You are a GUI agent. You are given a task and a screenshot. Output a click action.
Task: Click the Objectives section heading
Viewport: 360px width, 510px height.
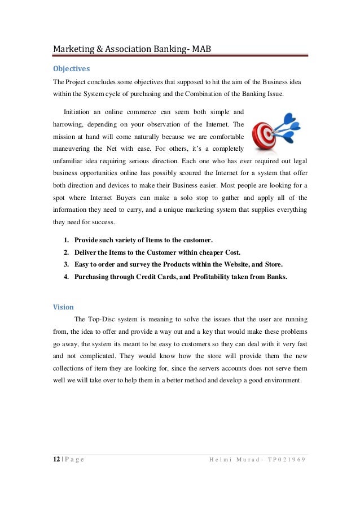click(x=71, y=69)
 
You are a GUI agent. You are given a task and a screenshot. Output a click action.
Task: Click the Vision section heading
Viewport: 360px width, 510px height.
click(x=63, y=307)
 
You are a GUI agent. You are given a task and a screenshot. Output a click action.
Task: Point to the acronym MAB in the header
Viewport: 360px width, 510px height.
click(x=201, y=49)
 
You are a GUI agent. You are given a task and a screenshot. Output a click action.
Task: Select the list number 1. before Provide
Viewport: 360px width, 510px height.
click(x=67, y=239)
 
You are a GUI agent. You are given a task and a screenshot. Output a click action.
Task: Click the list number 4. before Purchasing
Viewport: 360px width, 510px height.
click(x=67, y=277)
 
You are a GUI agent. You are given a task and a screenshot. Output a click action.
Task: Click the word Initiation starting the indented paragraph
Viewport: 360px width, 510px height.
click(x=80, y=111)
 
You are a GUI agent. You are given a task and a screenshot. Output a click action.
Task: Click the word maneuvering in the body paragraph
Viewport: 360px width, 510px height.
click(x=72, y=149)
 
